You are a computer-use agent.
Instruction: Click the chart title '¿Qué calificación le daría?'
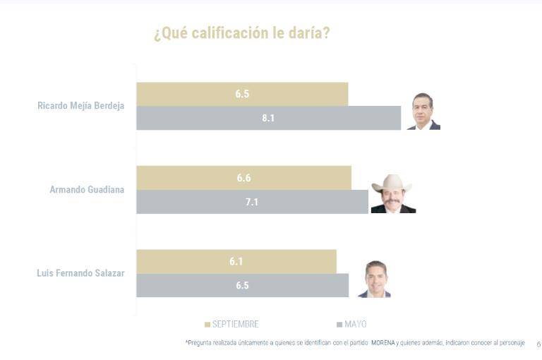(241, 33)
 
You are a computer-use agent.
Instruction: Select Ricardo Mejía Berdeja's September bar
(242, 94)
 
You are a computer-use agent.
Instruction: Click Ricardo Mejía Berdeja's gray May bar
(268, 118)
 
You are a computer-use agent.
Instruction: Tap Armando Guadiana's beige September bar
(243, 178)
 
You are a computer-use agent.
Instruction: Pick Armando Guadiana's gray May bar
(252, 202)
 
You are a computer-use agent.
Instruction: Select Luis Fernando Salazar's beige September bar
(236, 261)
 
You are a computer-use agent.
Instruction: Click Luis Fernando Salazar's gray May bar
(242, 285)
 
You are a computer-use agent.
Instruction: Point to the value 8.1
(268, 118)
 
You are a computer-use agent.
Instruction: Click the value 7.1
(252, 202)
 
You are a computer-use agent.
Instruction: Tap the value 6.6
(243, 178)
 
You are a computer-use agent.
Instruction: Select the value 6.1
(236, 261)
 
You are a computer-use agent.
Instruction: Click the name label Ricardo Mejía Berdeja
(80, 106)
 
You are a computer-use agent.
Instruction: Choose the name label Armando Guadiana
(87, 189)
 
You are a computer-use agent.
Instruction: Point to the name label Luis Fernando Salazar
(80, 273)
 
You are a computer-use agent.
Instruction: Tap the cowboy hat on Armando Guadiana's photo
(392, 186)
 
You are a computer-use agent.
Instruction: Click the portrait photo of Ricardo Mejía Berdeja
(423, 112)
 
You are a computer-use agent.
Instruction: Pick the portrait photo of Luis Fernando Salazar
(375, 280)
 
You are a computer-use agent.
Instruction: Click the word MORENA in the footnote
(383, 342)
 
